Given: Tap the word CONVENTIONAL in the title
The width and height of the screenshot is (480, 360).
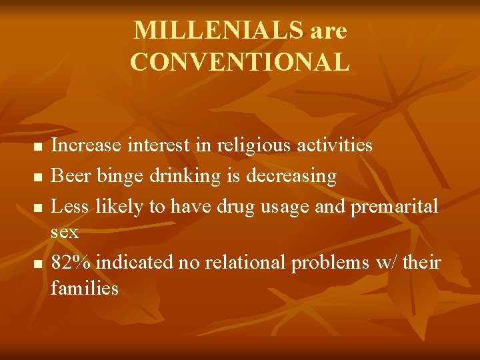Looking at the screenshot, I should tap(240, 62).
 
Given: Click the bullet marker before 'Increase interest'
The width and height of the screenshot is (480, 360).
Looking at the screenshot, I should tap(38, 146).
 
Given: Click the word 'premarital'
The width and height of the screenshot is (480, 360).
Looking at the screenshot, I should tap(395, 207).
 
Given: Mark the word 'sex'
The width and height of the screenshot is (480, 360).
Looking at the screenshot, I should tap(65, 233).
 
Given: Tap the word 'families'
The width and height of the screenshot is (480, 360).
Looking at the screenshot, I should tap(85, 288).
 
